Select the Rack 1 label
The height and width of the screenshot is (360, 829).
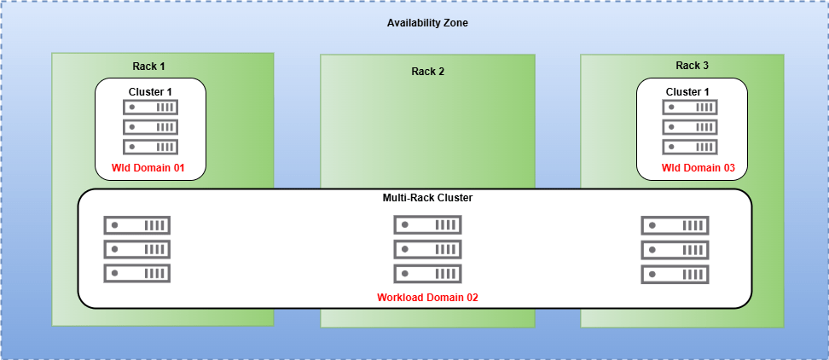coord(148,66)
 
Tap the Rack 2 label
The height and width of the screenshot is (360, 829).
coord(427,71)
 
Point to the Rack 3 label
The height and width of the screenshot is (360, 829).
coord(692,66)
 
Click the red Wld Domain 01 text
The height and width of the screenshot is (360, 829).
coord(149,167)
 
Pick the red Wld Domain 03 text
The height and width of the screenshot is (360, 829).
coord(692,167)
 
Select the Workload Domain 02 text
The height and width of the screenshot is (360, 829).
coord(426,298)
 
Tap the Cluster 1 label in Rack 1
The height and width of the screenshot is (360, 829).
coord(150,91)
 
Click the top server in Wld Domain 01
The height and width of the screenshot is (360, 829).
coord(151,107)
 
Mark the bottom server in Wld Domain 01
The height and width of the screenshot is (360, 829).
coord(151,147)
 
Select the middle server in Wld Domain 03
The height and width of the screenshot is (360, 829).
coord(690,127)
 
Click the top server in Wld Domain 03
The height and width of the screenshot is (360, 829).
coord(690,107)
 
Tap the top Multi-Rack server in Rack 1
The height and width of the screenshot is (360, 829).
coord(137,225)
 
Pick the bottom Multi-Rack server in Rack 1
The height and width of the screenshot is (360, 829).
coord(137,274)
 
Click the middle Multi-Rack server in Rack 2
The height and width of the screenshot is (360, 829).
coord(427,249)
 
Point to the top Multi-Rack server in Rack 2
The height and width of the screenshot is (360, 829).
coord(427,225)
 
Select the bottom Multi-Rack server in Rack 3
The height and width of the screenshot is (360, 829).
coord(675,274)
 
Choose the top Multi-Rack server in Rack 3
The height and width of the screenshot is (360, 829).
coord(675,225)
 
